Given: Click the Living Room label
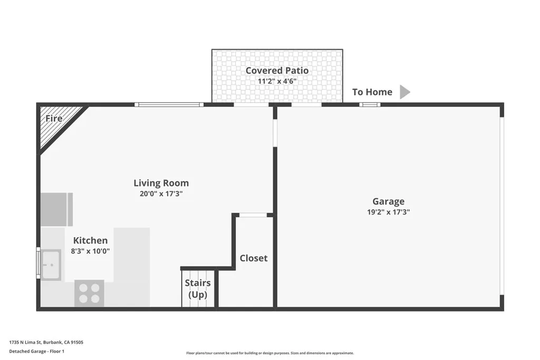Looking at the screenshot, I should pyautogui.click(x=161, y=183).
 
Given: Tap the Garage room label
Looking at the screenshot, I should pyautogui.click(x=388, y=201).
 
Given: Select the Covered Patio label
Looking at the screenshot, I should pyautogui.click(x=277, y=71).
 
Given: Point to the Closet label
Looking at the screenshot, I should pyautogui.click(x=253, y=258).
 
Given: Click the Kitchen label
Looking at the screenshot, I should pyautogui.click(x=90, y=240).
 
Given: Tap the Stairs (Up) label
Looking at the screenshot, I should pyautogui.click(x=198, y=288).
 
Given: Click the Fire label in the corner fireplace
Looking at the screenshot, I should pyautogui.click(x=54, y=119).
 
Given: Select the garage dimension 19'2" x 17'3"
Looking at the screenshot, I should pyautogui.click(x=388, y=212).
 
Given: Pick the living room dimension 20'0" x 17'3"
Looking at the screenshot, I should pyautogui.click(x=161, y=194).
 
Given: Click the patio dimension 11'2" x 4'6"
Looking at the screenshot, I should pyautogui.click(x=277, y=82).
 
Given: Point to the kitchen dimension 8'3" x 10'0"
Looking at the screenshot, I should pyautogui.click(x=90, y=251).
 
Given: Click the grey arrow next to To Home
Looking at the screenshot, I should pyautogui.click(x=404, y=92).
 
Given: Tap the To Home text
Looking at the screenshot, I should pyautogui.click(x=372, y=92).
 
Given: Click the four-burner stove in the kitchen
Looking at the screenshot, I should pyautogui.click(x=89, y=294).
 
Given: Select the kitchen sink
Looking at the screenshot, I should pyautogui.click(x=51, y=264).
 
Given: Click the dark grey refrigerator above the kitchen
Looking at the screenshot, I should pyautogui.click(x=56, y=209).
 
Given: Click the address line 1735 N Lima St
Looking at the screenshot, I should pyautogui.click(x=46, y=342).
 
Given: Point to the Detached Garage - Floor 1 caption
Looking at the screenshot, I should pyautogui.click(x=36, y=351).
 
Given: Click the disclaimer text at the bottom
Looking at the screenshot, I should pyautogui.click(x=269, y=353).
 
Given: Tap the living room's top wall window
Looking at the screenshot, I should pyautogui.click(x=169, y=105).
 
